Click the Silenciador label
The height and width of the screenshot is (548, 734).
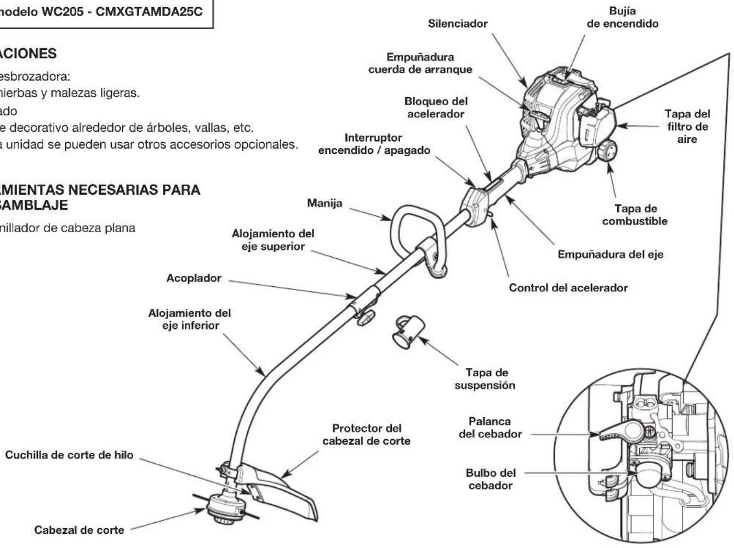click(x=458, y=24)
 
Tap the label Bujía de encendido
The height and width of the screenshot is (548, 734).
click(x=622, y=18)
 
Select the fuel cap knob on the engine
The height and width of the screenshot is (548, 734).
click(x=607, y=151)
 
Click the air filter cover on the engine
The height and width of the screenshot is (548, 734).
click(x=597, y=127)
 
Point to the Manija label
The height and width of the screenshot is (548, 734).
click(x=325, y=203)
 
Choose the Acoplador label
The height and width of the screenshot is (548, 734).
click(x=194, y=278)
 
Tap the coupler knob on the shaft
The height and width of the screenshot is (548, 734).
click(x=366, y=318)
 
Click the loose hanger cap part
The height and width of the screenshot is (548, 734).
click(x=408, y=331)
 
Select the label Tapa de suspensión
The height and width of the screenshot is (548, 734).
click(x=485, y=379)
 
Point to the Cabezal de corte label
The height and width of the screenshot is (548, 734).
click(x=79, y=530)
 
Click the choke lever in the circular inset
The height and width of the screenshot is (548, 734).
click(x=619, y=431)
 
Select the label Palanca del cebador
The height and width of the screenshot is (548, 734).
click(x=490, y=428)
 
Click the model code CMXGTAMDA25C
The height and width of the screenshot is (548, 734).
click(x=149, y=11)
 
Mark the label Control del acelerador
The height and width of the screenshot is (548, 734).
click(x=568, y=288)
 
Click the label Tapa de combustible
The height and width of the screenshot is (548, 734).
click(x=634, y=215)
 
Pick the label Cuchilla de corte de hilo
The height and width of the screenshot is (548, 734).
click(x=69, y=455)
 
